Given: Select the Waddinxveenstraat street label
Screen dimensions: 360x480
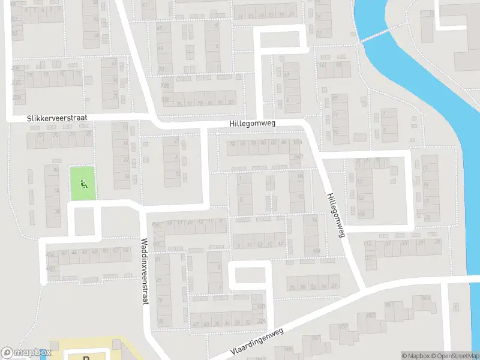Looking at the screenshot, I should click(144, 271).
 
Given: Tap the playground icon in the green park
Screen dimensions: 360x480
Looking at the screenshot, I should click(83, 184).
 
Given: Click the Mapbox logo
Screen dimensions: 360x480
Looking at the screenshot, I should click(25, 353).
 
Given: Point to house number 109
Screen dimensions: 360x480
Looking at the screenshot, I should click(361, 214).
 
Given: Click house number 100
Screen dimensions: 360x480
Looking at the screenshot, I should click(316, 250).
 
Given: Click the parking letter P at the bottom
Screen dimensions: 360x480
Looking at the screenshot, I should click(86, 357).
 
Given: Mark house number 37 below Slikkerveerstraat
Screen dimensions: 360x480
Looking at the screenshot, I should click(40, 135).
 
